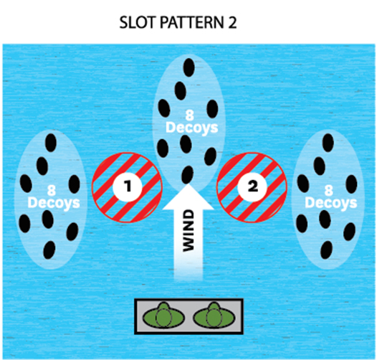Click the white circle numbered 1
tap(128, 186)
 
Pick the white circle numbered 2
tap(252, 186)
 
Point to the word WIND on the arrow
tap(188, 231)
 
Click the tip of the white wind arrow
tap(188, 184)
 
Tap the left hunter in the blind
tap(163, 316)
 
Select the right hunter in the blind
tap(214, 316)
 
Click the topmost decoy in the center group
tap(189, 67)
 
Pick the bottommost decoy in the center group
tap(187, 175)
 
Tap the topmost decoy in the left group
tap(51, 143)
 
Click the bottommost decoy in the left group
tap(49, 250)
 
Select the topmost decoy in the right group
tap(328, 143)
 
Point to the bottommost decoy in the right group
tap(327, 250)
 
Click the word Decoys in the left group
tap(54, 204)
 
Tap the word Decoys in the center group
tap(192, 128)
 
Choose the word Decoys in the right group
tap(331, 204)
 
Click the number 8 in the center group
tap(189, 115)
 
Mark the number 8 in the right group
tap(328, 191)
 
